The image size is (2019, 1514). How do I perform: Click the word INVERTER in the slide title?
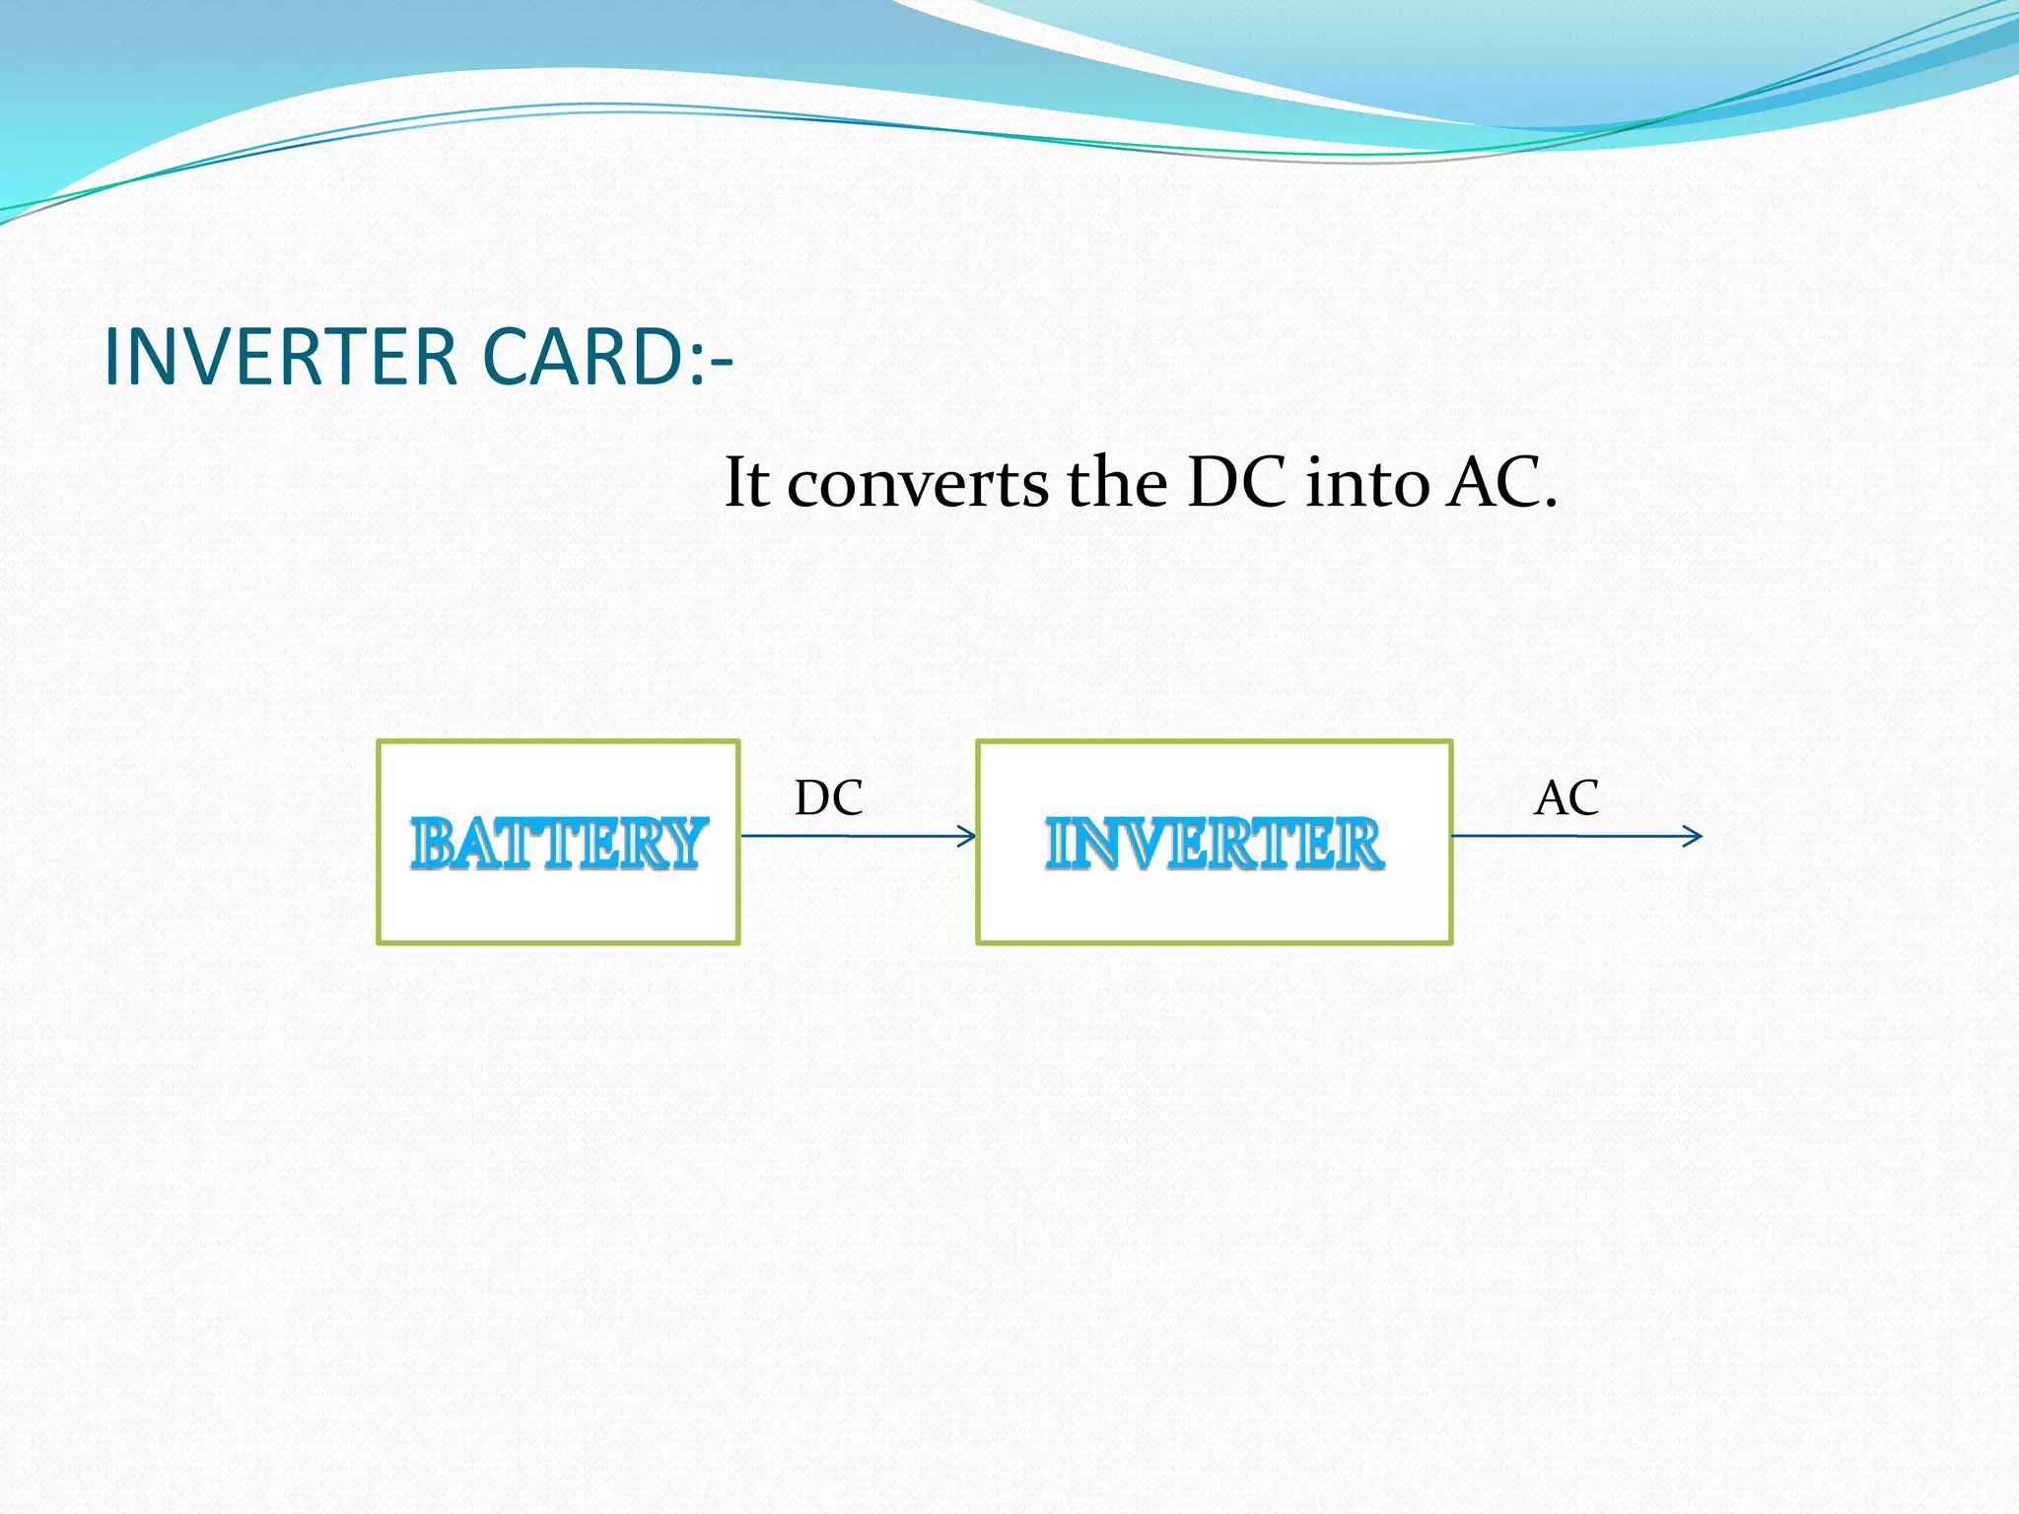[x=280, y=357]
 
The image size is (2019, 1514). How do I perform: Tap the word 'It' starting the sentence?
[x=746, y=483]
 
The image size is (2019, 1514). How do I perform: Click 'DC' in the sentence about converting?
[x=1237, y=483]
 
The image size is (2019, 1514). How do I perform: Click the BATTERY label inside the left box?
[x=559, y=844]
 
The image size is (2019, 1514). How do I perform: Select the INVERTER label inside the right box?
[x=1215, y=844]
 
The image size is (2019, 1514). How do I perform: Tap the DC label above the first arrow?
[x=829, y=798]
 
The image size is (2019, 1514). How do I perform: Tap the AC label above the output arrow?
[x=1566, y=798]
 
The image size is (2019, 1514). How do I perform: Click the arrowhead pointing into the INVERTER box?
[x=967, y=837]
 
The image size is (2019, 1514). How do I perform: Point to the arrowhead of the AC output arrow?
[x=1693, y=837]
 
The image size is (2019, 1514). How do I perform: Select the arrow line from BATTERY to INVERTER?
[x=848, y=836]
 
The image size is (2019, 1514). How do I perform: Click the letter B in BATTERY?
[x=434, y=845]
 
